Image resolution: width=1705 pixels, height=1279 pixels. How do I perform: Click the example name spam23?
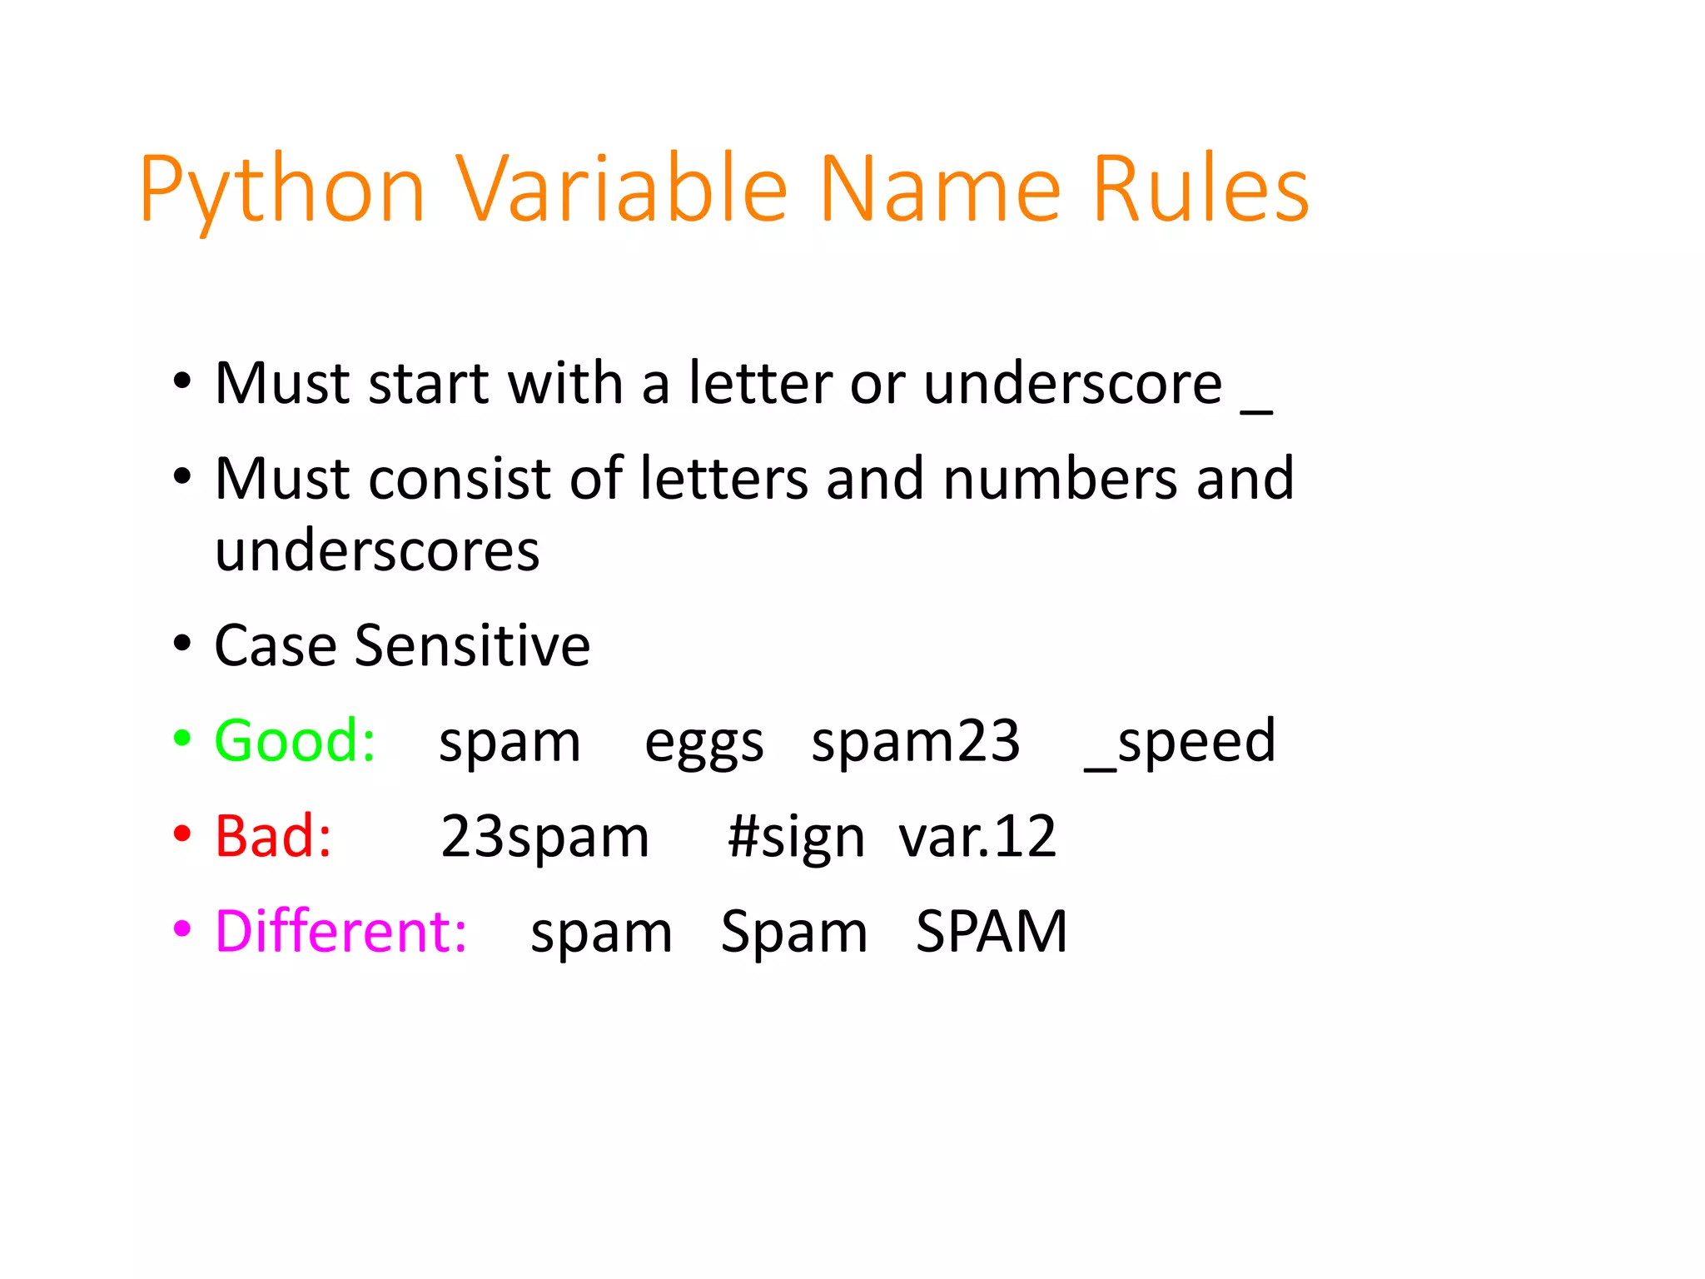pos(915,740)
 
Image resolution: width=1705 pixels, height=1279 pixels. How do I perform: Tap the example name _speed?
pos(1180,740)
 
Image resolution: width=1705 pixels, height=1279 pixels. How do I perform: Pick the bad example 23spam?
pos(544,836)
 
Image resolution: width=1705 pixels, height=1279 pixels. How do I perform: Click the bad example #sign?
pos(796,838)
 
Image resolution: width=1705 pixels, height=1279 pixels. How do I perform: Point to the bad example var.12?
pos(977,836)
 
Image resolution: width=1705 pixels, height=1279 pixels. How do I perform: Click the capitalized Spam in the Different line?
pos(793,933)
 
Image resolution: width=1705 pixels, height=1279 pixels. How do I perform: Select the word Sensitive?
pos(472,645)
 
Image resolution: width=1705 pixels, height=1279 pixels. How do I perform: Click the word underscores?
pos(377,550)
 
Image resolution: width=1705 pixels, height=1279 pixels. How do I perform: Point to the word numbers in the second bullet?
pos(1061,479)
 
